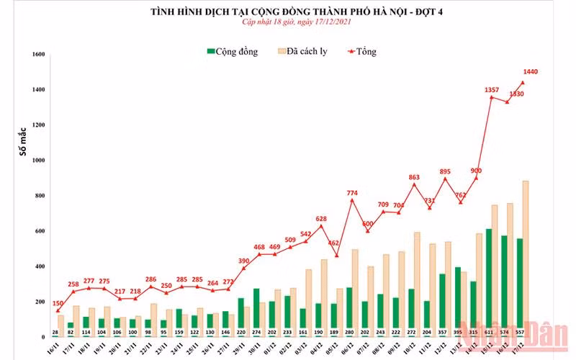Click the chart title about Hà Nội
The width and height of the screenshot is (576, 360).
287,12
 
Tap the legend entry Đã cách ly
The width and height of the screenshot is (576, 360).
307,51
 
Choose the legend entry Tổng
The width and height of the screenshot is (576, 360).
364,51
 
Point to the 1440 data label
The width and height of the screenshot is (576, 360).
531,71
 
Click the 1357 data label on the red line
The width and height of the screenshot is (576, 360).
492,90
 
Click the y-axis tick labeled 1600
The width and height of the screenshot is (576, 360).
39,55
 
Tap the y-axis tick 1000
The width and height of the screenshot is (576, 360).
39,161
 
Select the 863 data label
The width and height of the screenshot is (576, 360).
414,176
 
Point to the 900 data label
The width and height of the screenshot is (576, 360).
476,171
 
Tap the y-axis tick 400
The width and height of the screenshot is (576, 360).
40,266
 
